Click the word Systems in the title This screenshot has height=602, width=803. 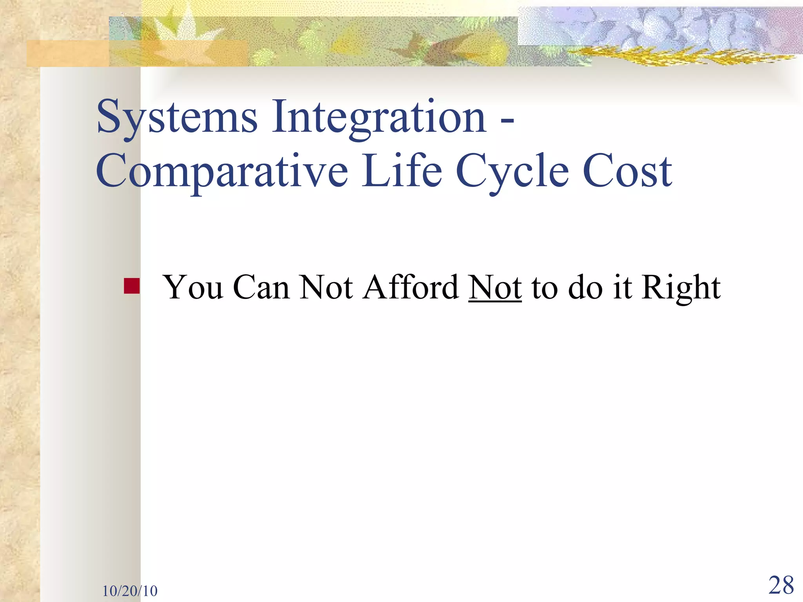[177, 118]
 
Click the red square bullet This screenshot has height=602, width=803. [131, 286]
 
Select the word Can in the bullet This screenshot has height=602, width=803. [261, 287]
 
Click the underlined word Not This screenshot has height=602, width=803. [495, 287]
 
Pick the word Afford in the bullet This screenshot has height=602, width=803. [411, 287]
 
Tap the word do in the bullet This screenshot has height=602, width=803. [585, 287]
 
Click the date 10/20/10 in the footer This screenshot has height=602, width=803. [130, 591]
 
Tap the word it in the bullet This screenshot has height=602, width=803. [622, 287]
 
